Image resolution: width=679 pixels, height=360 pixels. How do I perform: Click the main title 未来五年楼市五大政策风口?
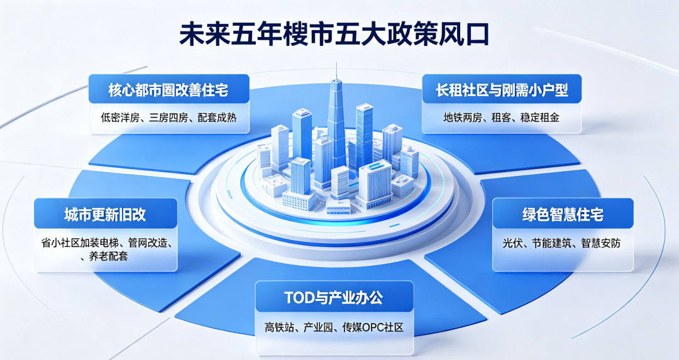pyautogui.click(x=334, y=35)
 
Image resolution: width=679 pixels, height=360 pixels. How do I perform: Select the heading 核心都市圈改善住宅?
pyautogui.click(x=168, y=90)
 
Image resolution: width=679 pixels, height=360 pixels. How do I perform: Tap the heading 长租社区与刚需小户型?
pyautogui.click(x=502, y=90)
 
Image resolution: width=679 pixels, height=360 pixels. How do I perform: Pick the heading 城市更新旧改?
pyautogui.click(x=105, y=215)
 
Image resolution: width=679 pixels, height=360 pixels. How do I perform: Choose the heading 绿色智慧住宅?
pyautogui.click(x=563, y=215)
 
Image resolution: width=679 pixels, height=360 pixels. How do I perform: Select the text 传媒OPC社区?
pyautogui.click(x=373, y=327)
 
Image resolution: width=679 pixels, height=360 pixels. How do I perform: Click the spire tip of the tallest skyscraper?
pyautogui.click(x=336, y=63)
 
